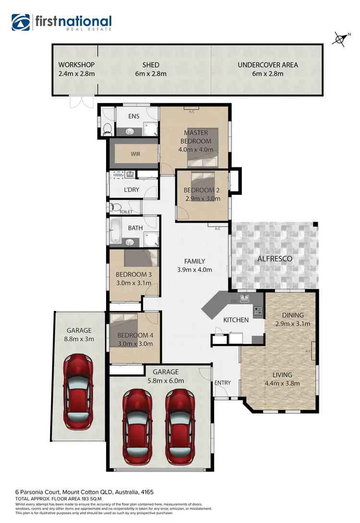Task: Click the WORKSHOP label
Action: click(76, 65)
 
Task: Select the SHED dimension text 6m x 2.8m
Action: click(151, 74)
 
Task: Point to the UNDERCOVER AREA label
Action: click(268, 65)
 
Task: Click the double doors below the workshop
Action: click(81, 101)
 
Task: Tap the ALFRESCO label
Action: click(275, 259)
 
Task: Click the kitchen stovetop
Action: click(258, 311)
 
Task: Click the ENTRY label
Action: click(223, 382)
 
